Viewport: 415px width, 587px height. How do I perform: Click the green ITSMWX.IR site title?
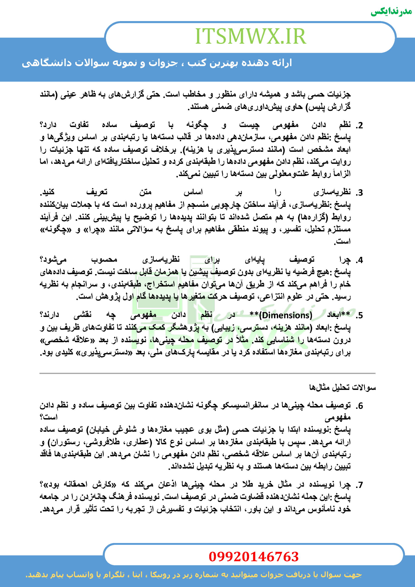click(x=250, y=36)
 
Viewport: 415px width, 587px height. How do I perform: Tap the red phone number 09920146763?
click(x=253, y=557)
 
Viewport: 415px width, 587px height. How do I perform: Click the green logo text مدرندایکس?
click(x=391, y=12)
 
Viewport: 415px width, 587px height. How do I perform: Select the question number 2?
click(x=360, y=125)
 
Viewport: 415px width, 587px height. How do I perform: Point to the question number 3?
click(x=360, y=193)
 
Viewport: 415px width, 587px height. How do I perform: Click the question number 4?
click(x=360, y=260)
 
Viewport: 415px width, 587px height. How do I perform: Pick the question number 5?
click(x=360, y=316)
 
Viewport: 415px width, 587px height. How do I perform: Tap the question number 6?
click(x=360, y=406)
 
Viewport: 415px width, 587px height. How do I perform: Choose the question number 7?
click(x=360, y=485)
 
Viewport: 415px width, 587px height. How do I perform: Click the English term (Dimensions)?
click(x=286, y=316)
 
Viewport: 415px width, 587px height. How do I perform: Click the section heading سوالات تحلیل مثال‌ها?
click(x=342, y=388)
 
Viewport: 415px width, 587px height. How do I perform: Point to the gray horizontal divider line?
click(x=207, y=374)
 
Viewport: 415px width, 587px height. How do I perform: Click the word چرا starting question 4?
click(x=345, y=260)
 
